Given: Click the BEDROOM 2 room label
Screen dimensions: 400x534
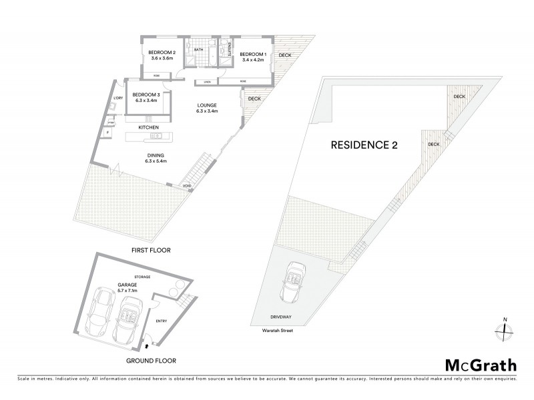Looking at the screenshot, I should click(x=162, y=53).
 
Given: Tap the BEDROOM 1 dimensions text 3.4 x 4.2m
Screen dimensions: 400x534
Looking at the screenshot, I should click(x=252, y=60).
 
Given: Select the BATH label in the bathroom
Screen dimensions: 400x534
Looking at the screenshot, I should click(x=198, y=50).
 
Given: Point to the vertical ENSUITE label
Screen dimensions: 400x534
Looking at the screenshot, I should click(x=228, y=48).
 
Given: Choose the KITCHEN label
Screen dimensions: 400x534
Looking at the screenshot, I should click(x=148, y=127).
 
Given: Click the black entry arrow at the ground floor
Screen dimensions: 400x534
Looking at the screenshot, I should click(x=148, y=346).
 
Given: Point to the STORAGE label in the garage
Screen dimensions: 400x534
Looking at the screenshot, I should click(x=142, y=276).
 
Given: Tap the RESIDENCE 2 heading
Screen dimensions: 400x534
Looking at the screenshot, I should click(x=364, y=145).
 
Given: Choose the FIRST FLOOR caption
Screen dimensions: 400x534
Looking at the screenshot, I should click(x=151, y=250).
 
